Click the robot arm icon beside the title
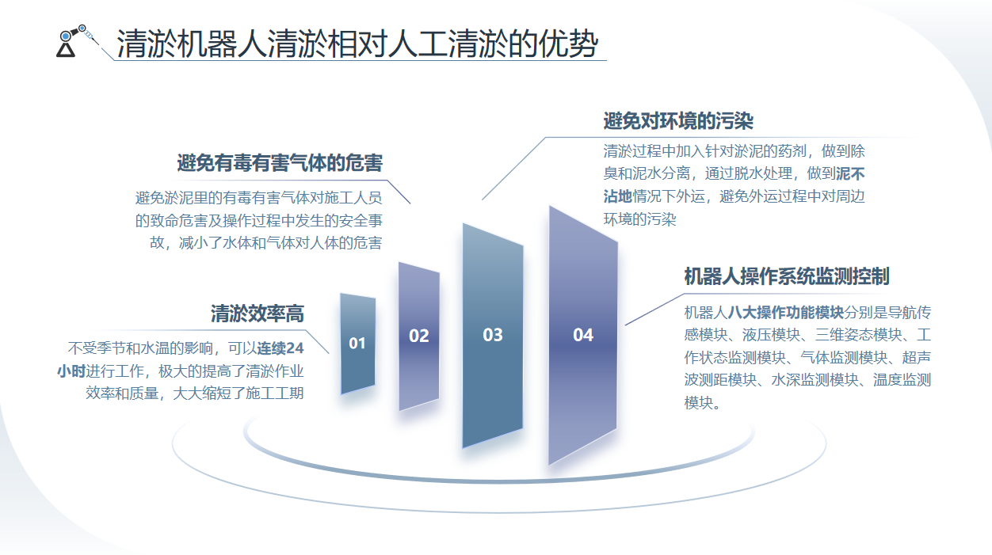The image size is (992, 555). click(x=75, y=40)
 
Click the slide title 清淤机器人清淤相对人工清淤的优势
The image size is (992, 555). click(x=357, y=44)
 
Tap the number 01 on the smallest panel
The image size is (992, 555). click(x=357, y=343)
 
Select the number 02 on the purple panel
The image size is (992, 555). click(x=419, y=336)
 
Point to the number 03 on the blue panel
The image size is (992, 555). click(x=493, y=335)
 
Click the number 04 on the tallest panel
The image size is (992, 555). click(x=583, y=335)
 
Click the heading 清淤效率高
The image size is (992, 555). click(x=258, y=314)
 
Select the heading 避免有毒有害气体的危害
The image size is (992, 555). click(x=280, y=163)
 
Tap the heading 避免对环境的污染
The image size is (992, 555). click(x=678, y=121)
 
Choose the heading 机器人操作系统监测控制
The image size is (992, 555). click(x=787, y=276)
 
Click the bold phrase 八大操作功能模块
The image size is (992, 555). click(x=786, y=313)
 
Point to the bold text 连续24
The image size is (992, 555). click(x=280, y=348)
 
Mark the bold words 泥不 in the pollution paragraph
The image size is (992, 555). click(x=850, y=173)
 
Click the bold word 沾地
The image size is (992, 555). click(x=618, y=196)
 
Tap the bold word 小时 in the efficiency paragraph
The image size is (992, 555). click(x=71, y=371)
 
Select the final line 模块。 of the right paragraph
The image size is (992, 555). click(x=702, y=403)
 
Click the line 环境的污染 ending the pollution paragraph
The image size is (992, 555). click(x=640, y=219)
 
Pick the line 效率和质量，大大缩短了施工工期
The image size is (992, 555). click(x=195, y=393)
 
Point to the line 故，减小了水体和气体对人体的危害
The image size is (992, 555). click(x=265, y=242)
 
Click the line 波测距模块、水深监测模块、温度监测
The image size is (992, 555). click(x=807, y=380)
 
